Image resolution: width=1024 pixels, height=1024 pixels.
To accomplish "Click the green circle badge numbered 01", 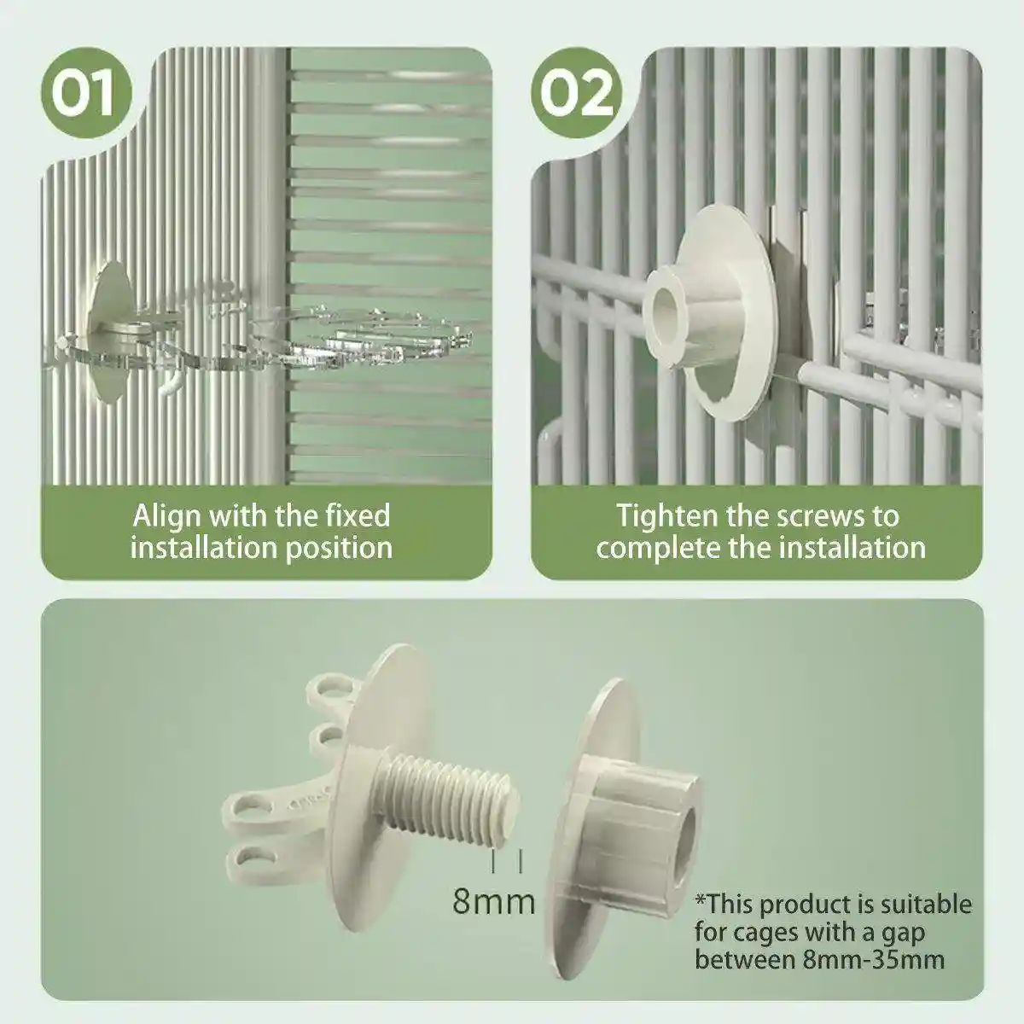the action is pyautogui.click(x=86, y=93).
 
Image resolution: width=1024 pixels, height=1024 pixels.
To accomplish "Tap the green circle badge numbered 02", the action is pyautogui.click(x=577, y=93).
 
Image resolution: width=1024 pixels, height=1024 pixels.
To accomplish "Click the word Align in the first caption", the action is pyautogui.click(x=166, y=517).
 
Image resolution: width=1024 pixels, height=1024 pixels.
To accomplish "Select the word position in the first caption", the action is pyautogui.click(x=339, y=548).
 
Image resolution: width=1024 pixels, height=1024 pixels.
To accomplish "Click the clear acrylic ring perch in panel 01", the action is pyautogui.click(x=361, y=336).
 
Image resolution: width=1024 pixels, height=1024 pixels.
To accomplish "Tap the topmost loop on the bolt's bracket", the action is pyautogui.click(x=332, y=691).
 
